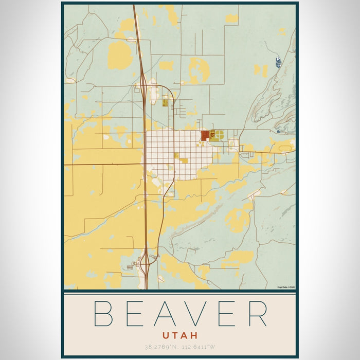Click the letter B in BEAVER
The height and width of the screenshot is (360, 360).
(x=103, y=313)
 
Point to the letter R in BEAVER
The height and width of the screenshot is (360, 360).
(x=257, y=313)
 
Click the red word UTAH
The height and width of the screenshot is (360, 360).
(x=179, y=334)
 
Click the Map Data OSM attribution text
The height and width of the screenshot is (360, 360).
(x=286, y=287)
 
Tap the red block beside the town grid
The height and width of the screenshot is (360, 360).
(x=204, y=135)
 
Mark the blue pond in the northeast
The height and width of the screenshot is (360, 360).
(x=278, y=63)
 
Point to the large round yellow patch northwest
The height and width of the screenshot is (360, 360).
(x=120, y=55)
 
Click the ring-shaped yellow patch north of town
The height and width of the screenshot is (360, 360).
(x=199, y=70)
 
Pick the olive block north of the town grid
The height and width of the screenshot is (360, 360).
(x=165, y=102)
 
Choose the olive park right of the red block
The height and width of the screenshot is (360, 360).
(x=218, y=135)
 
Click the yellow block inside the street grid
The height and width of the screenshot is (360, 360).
(x=181, y=159)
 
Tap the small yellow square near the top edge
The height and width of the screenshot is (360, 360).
(x=232, y=19)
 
